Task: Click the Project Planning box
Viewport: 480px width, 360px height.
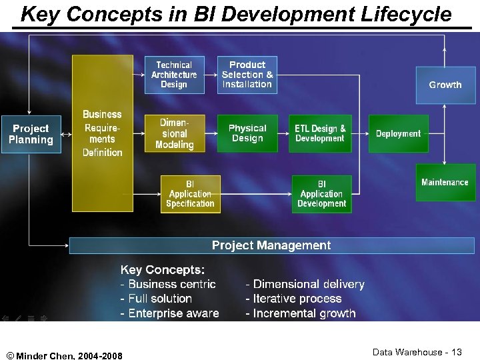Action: click(31, 134)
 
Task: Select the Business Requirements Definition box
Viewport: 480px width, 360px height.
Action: click(102, 133)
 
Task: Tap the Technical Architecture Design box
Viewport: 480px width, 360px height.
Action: click(174, 75)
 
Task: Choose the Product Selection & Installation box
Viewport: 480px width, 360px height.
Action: click(247, 75)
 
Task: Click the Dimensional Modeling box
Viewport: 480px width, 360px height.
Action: click(174, 133)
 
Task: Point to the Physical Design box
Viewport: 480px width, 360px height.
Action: click(247, 133)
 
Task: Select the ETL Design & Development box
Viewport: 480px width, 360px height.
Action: click(321, 133)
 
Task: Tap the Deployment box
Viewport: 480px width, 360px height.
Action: click(398, 133)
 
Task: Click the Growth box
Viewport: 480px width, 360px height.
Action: click(445, 85)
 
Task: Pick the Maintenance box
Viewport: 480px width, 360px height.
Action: click(445, 182)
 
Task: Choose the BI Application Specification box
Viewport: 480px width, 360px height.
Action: click(191, 194)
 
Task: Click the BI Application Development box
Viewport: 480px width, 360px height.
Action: click(321, 194)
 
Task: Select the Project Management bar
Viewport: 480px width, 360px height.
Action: click(271, 245)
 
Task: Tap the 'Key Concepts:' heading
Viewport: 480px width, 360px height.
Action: click(163, 270)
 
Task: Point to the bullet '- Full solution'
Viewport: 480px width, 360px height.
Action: click(156, 299)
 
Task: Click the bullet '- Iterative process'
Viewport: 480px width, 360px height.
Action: click(293, 299)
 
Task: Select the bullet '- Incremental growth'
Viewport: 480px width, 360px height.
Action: click(301, 313)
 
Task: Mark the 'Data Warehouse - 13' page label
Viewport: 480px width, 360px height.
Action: click(417, 352)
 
